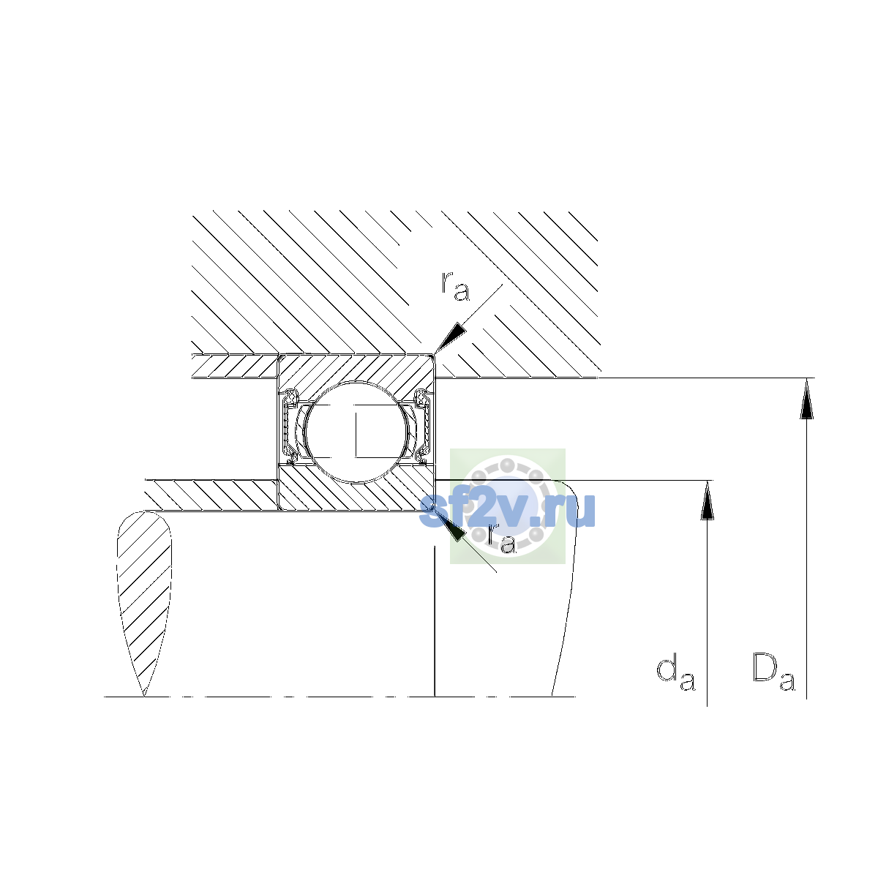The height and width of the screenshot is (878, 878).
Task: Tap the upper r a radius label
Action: (x=455, y=286)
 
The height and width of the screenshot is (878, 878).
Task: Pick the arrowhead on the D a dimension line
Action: (x=806, y=398)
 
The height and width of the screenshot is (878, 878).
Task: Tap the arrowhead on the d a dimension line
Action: (x=707, y=500)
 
